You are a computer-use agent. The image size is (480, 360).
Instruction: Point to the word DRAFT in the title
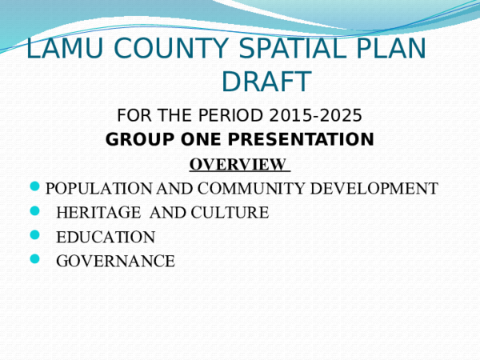coord(266,82)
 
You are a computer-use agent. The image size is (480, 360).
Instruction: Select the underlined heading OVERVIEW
coord(237,165)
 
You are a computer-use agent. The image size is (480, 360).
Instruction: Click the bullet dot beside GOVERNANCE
coord(34,258)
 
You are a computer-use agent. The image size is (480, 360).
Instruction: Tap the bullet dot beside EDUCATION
coord(34,235)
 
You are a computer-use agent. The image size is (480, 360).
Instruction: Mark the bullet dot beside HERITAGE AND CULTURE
coord(34,212)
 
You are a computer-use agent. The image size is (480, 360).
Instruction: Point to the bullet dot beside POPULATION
coord(34,188)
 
